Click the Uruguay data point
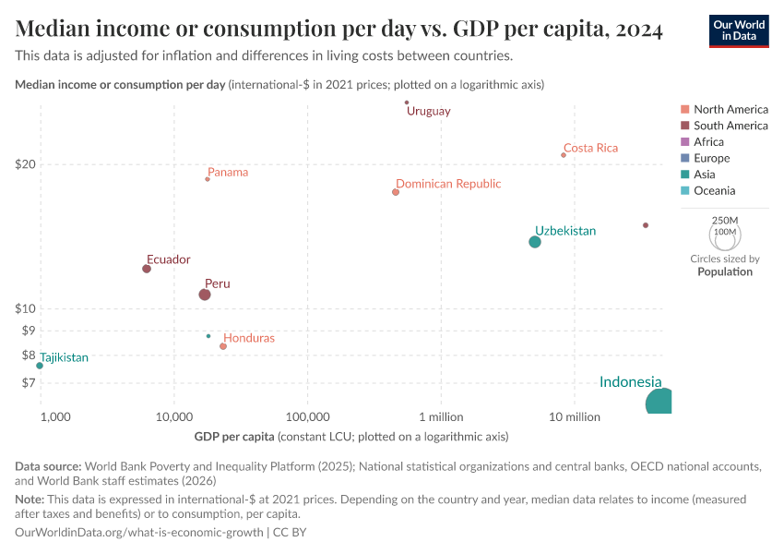(x=407, y=102)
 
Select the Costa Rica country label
(x=590, y=148)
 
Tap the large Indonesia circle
(x=659, y=402)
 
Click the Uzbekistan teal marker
(x=535, y=242)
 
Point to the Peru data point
(x=205, y=295)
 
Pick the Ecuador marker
(x=147, y=269)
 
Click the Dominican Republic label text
(x=448, y=184)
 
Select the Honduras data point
(x=223, y=346)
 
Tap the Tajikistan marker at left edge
(x=40, y=366)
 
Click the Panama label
(x=228, y=172)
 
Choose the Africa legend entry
(x=708, y=142)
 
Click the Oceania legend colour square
(x=684, y=191)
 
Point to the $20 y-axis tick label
(x=25, y=164)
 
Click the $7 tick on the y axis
(x=28, y=382)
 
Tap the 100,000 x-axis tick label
(x=308, y=416)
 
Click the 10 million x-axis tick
(x=575, y=416)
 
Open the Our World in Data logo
(x=739, y=30)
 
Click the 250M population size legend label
(x=725, y=221)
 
